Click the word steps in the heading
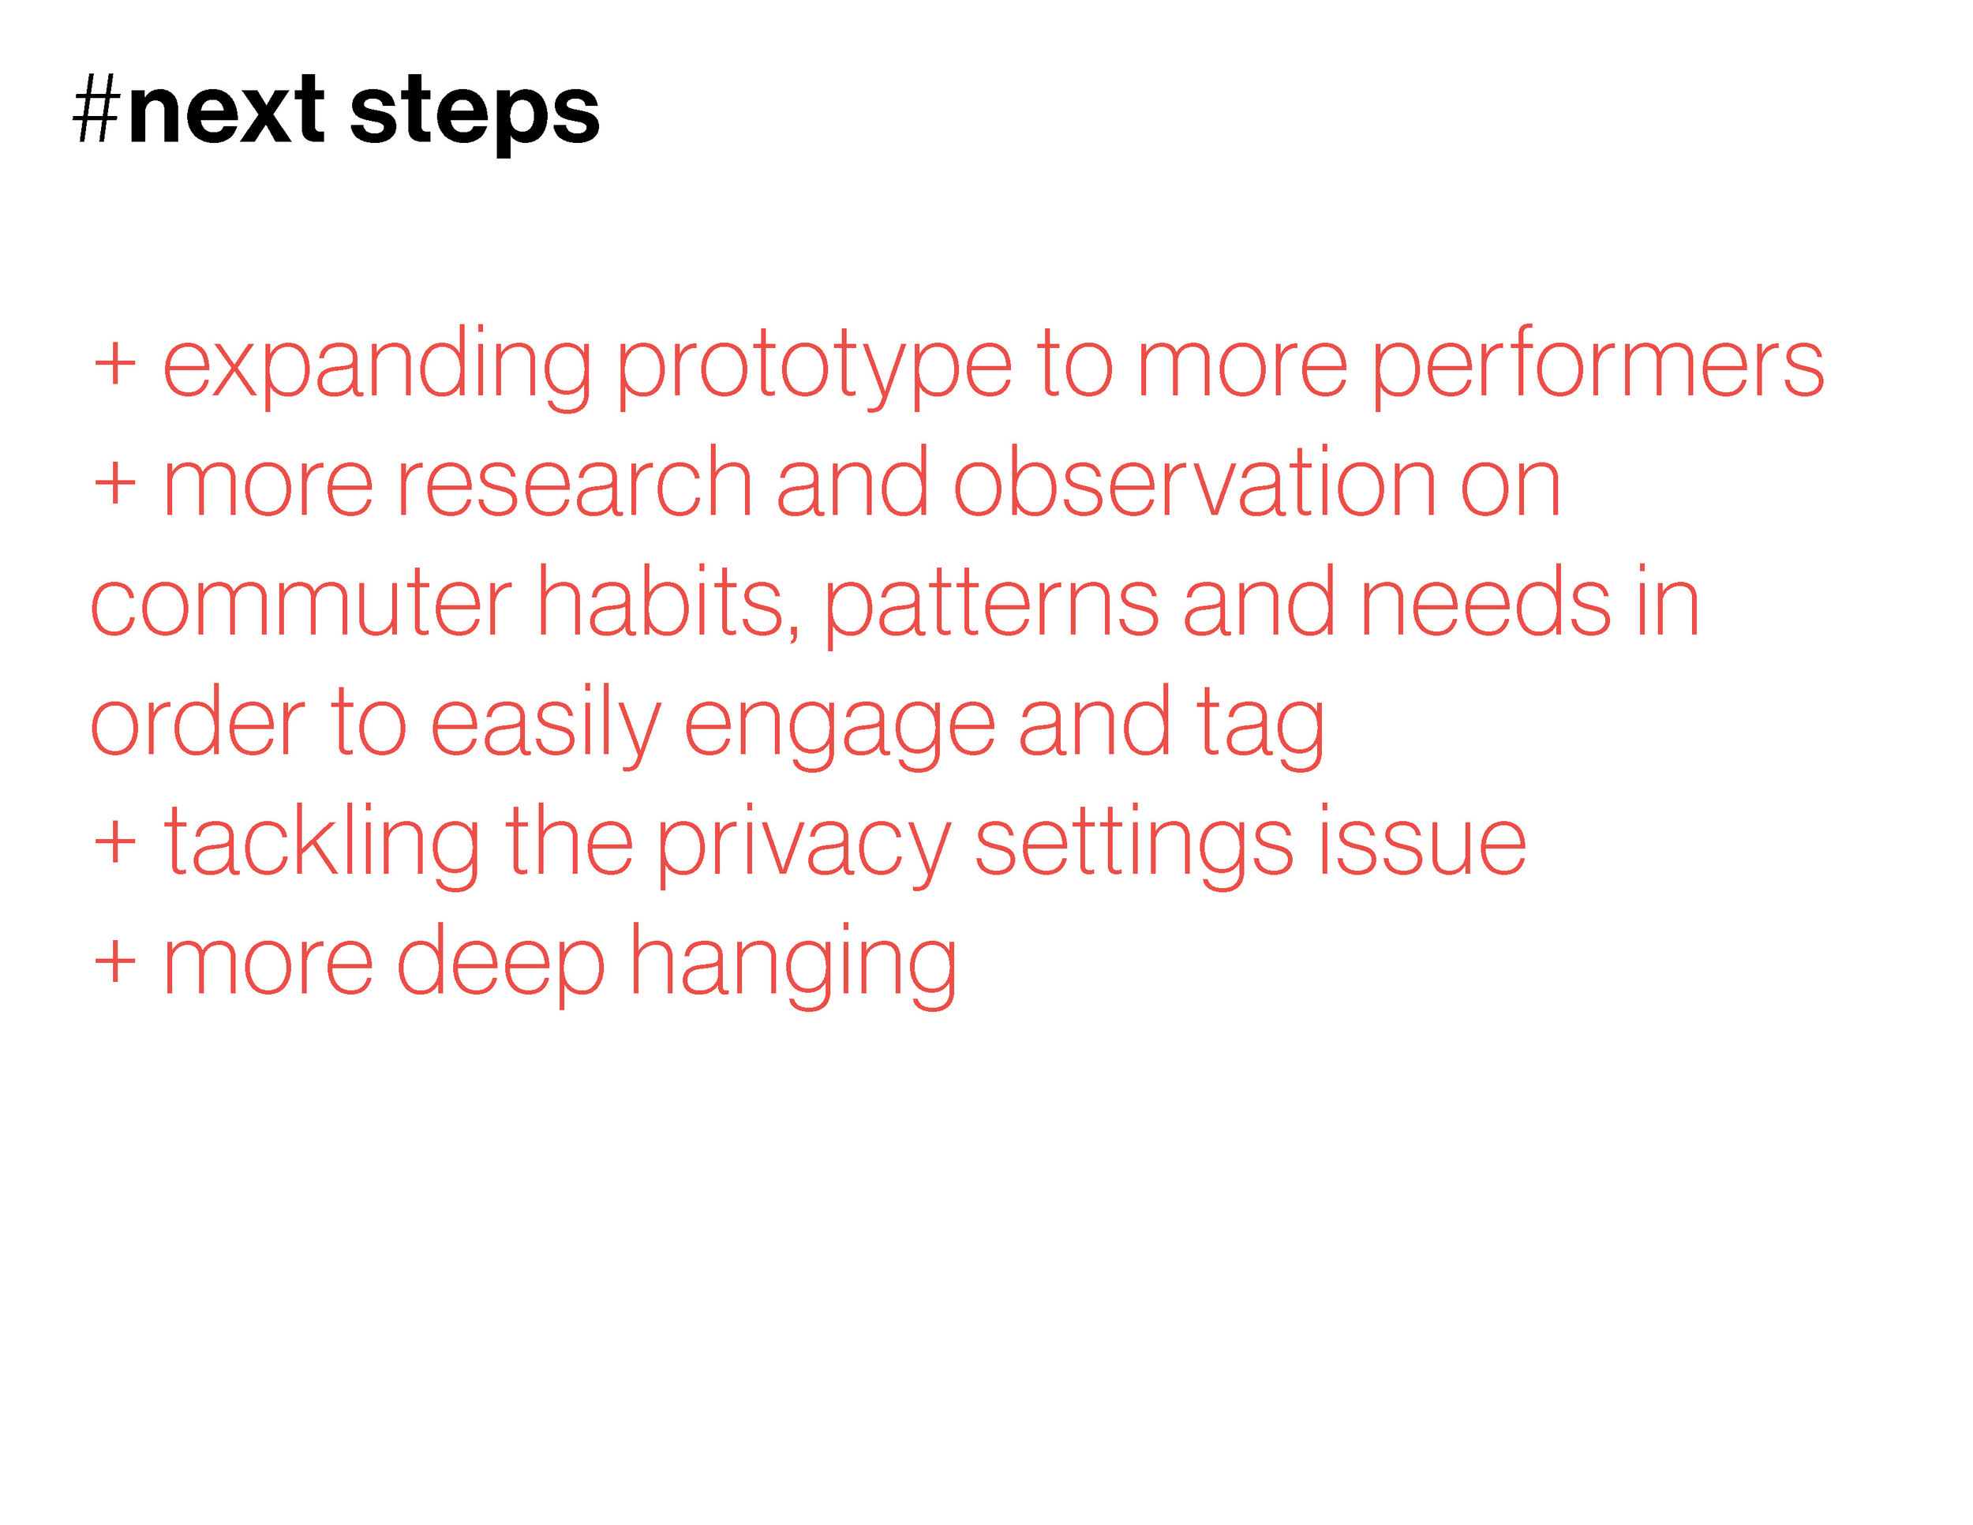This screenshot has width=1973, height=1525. pos(474,116)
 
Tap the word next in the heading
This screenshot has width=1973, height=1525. pos(226,111)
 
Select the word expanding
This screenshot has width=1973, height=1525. pos(376,367)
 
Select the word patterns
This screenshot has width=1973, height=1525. pos(992,608)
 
